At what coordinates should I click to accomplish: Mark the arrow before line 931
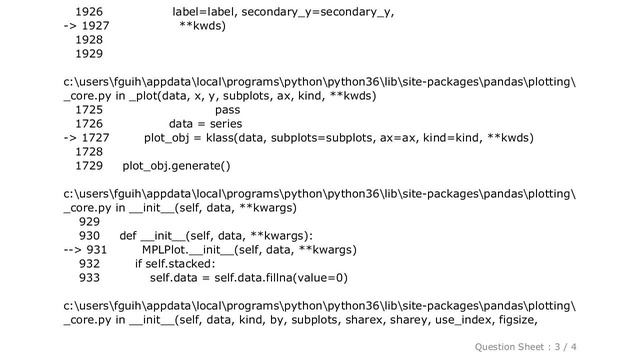tap(72, 250)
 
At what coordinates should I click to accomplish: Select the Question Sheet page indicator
tap(575, 346)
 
